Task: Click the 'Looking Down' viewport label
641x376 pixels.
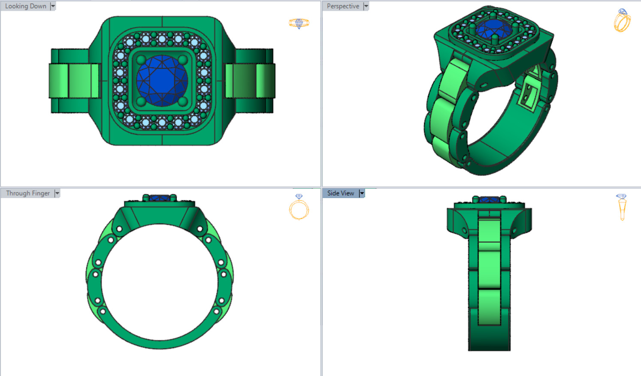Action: (x=26, y=6)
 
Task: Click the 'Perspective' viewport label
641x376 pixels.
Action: (x=343, y=6)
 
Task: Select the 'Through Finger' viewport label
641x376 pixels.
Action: (x=28, y=193)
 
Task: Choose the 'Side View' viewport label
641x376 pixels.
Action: (x=341, y=193)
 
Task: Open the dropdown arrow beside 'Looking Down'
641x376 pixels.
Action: (x=53, y=6)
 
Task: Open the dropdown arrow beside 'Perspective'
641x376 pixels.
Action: (x=366, y=6)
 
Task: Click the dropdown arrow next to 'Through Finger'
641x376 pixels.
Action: (x=57, y=193)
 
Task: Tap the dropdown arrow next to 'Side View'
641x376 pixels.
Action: (x=362, y=193)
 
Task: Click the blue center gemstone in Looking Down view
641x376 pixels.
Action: (x=162, y=81)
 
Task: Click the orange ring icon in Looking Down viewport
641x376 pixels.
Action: (x=299, y=23)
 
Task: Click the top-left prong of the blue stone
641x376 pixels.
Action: (x=141, y=60)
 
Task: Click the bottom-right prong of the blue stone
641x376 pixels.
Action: (x=182, y=102)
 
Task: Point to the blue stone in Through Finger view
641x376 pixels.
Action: (x=160, y=198)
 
